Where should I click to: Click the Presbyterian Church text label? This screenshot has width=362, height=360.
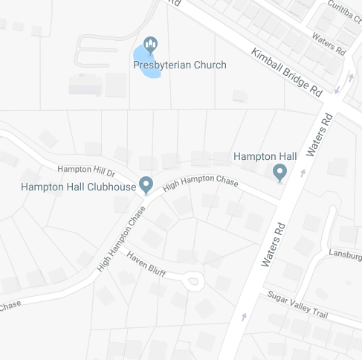(179, 65)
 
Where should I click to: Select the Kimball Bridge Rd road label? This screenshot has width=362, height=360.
(286, 73)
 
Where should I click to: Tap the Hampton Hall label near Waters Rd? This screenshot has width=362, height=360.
(265, 156)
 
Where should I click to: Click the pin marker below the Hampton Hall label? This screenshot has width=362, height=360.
(279, 173)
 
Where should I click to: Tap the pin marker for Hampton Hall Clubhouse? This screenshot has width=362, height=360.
(146, 184)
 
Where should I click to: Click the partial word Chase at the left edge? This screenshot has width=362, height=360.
(10, 306)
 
